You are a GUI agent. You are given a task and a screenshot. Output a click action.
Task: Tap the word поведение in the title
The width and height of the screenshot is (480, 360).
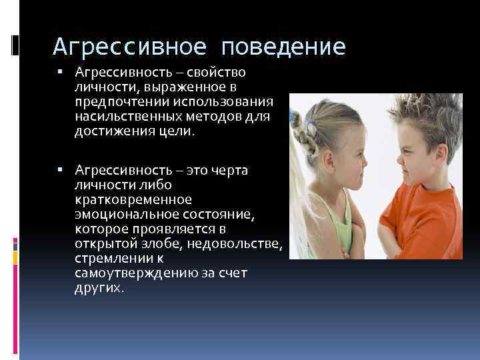tap(284, 46)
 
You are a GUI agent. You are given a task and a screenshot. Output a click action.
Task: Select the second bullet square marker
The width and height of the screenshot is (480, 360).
tap(60, 170)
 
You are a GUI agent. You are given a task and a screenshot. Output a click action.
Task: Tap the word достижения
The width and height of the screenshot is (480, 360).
tap(110, 130)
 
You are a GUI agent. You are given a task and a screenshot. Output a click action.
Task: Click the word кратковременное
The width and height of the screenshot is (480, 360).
tap(133, 199)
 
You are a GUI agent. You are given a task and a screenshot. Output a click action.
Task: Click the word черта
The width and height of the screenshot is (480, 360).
tap(231, 170)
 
